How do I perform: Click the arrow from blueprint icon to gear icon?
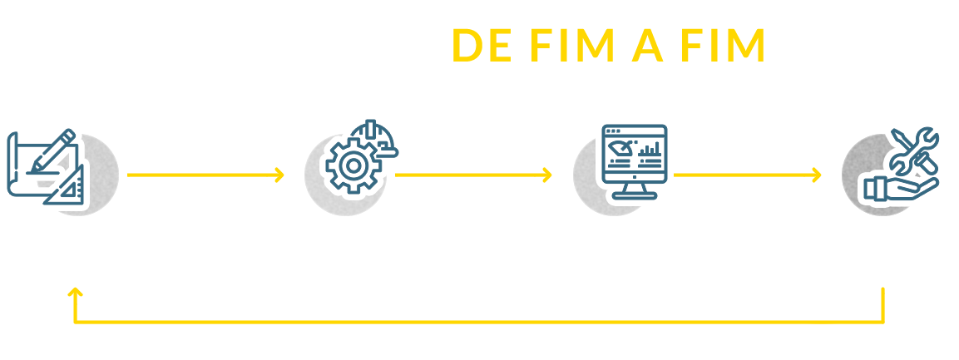206,175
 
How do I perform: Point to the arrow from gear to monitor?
476,175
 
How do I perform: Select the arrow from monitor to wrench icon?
746,175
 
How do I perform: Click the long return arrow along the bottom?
466,320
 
